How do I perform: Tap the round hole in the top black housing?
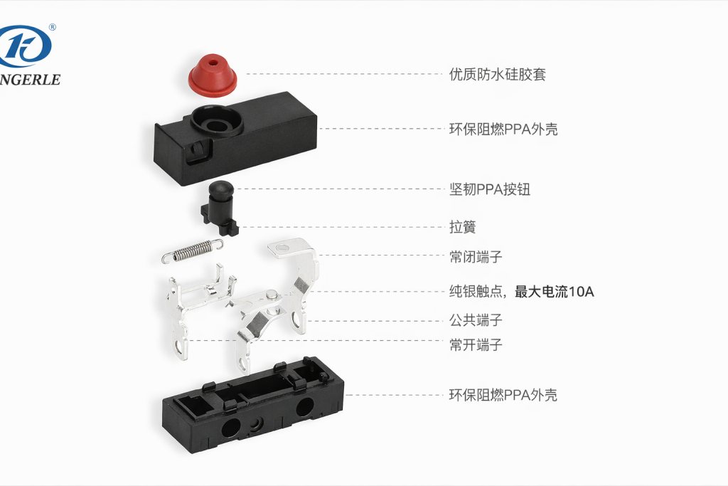(217, 123)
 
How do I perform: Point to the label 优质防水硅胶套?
(497, 74)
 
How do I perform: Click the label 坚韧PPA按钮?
(489, 189)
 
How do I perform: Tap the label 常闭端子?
(476, 256)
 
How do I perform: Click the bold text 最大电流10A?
(554, 291)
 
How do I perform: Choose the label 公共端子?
(476, 320)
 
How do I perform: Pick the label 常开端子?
(476, 344)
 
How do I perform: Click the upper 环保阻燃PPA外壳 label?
(503, 130)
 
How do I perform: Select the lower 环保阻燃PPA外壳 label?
(503, 395)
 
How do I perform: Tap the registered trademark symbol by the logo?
(53, 28)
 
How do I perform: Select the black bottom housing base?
(252, 409)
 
